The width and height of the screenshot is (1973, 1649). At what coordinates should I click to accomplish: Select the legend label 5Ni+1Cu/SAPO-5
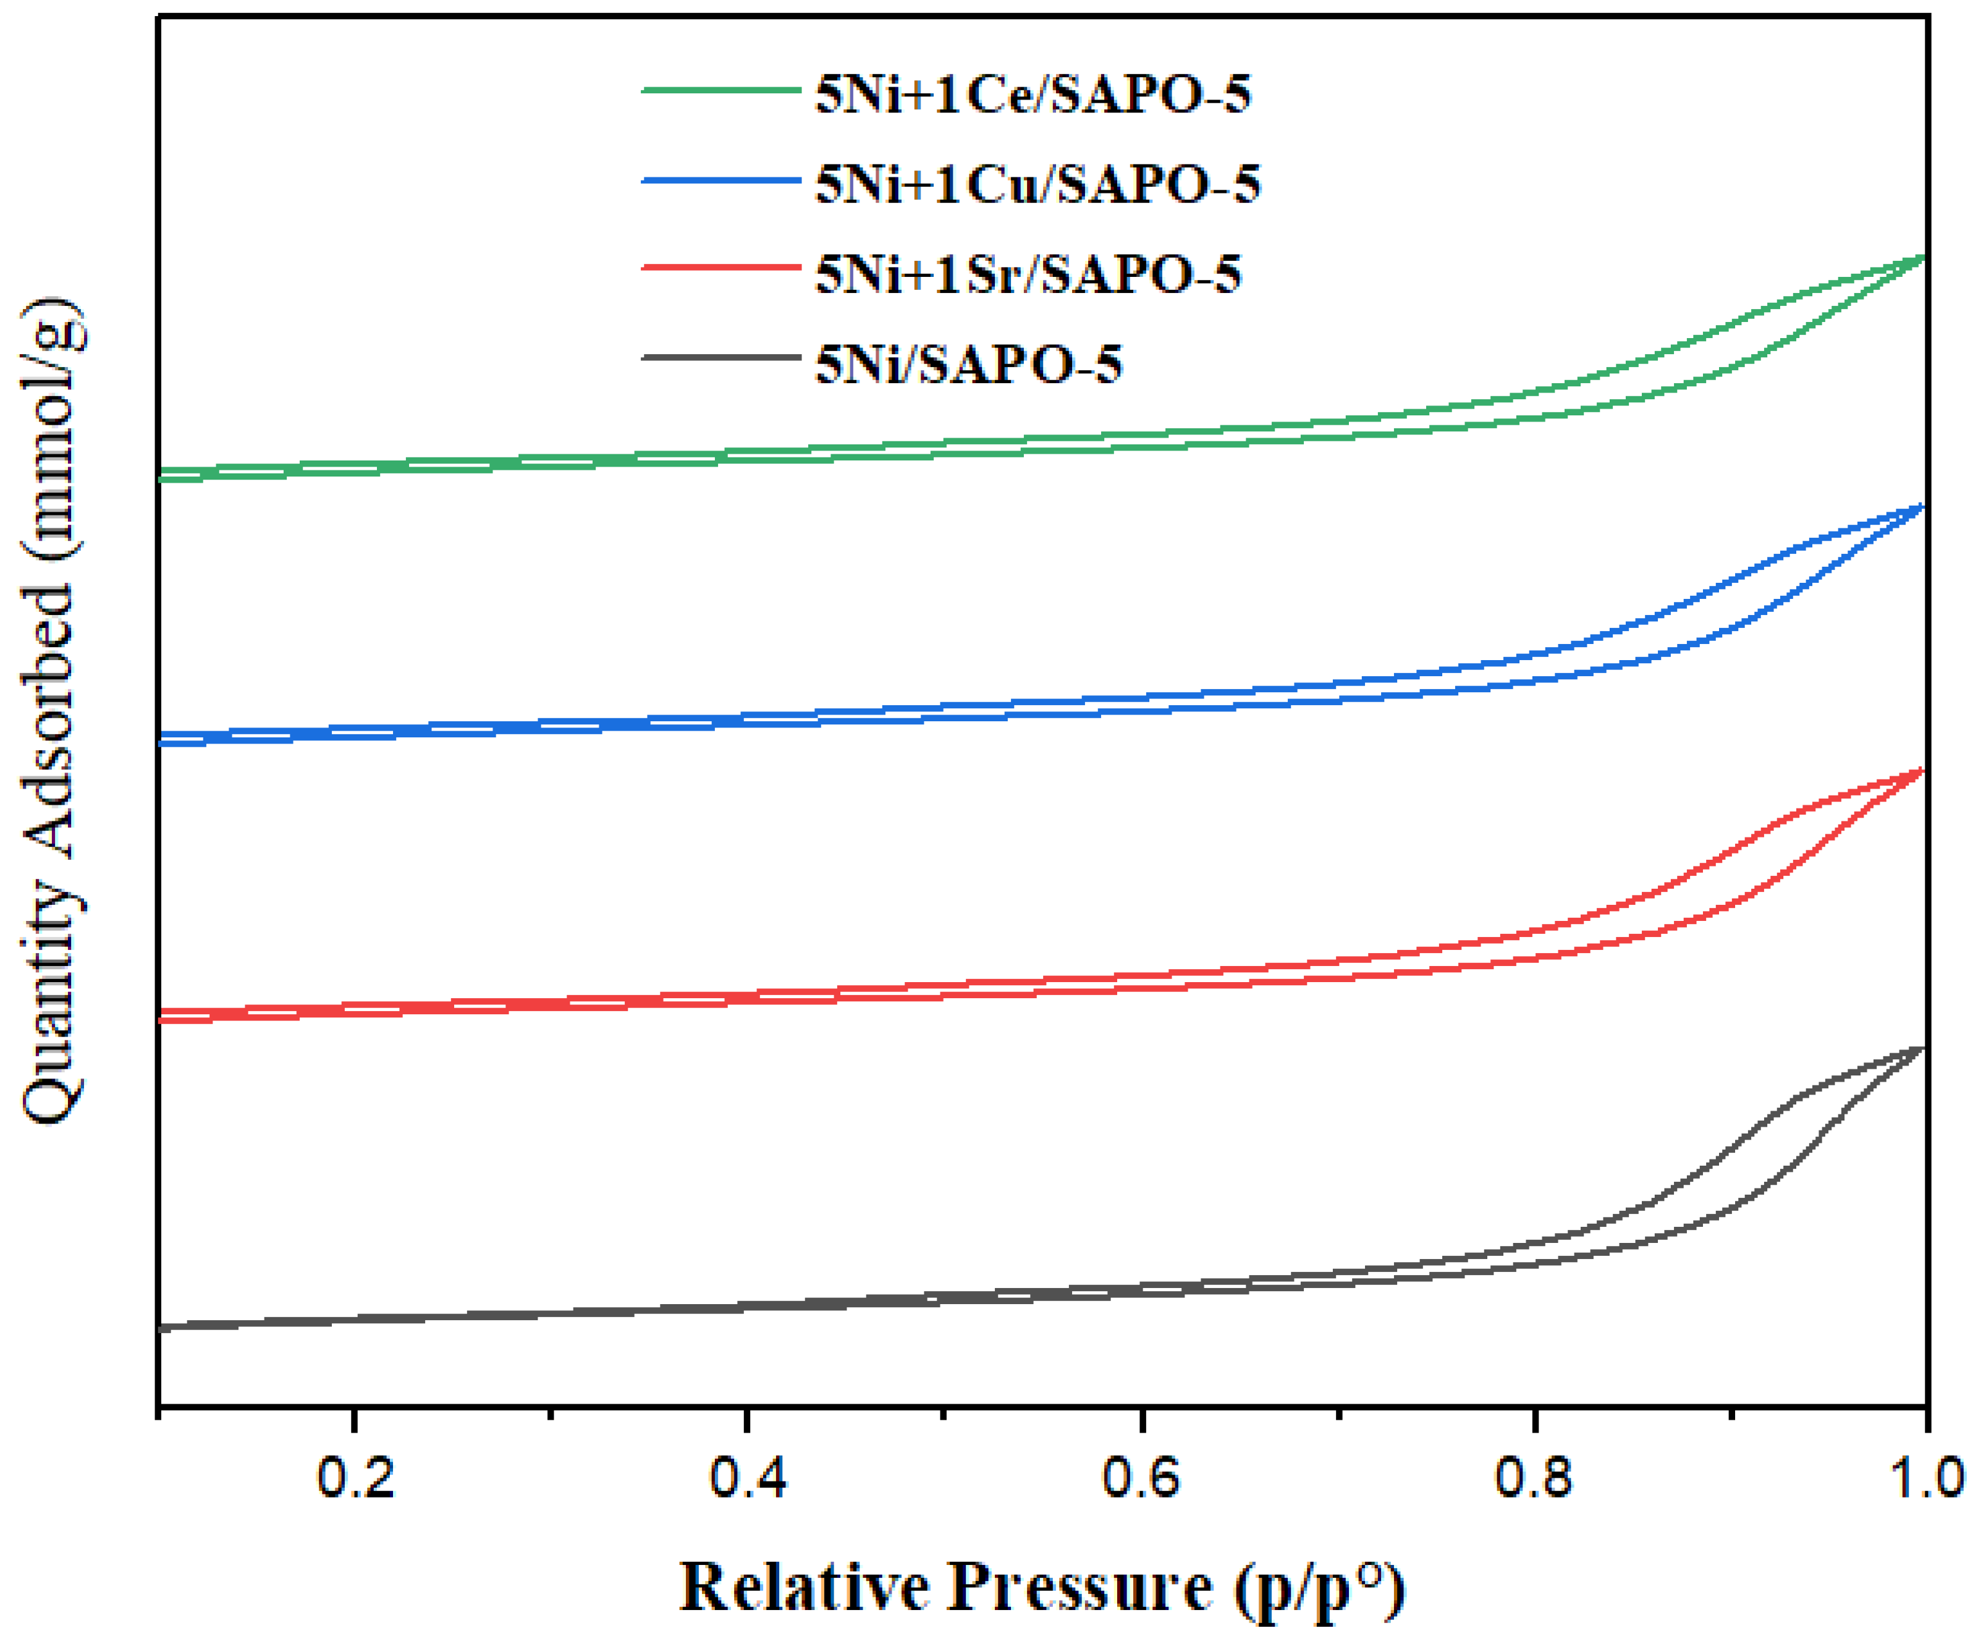coord(1037,184)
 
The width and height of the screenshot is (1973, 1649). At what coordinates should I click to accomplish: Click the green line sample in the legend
coord(720,90)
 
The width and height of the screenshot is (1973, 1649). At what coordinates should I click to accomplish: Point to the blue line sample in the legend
coord(720,180)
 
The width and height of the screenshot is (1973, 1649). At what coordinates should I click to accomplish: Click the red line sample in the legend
coord(720,268)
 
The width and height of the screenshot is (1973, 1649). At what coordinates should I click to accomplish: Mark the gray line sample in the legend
coord(720,357)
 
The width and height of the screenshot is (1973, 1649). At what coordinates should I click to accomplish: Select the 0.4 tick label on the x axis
coord(747,1477)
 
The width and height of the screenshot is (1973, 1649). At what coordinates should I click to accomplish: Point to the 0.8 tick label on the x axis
coord(1532,1477)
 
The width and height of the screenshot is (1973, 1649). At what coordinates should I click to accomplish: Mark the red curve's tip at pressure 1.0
coord(1922,771)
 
